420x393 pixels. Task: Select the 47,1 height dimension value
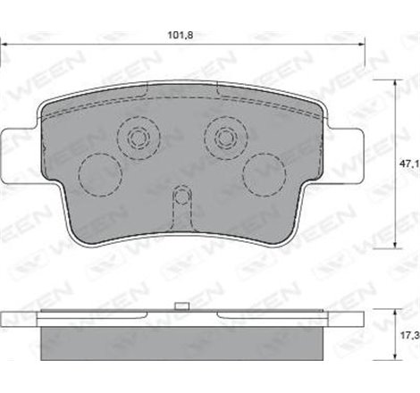tap(408, 164)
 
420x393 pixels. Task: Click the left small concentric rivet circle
tap(138, 138)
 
